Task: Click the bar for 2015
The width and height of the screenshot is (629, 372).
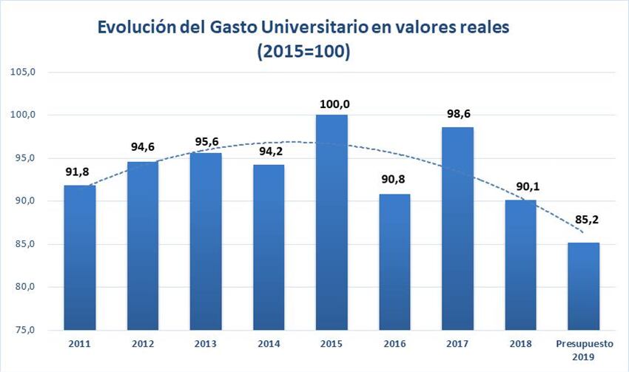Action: tap(332, 222)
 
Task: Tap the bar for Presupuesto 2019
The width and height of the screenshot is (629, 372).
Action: tap(583, 285)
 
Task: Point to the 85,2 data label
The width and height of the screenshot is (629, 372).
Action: tap(583, 220)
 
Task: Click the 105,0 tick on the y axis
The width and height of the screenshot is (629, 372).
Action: tap(24, 72)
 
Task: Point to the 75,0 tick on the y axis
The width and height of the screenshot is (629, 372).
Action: tap(24, 330)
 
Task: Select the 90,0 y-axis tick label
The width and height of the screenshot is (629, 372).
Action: tap(24, 201)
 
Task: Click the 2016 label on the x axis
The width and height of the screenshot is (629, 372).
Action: tap(394, 343)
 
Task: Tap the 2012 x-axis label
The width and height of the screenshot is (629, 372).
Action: tap(143, 343)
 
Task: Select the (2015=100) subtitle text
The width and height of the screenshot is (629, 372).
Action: tap(303, 53)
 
